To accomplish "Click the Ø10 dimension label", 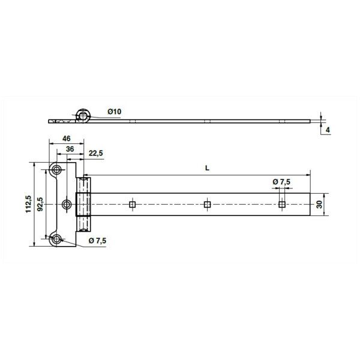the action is (115, 112).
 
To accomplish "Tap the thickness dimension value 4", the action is (328, 130).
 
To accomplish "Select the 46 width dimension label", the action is (67, 139).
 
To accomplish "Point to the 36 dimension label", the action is (70, 149).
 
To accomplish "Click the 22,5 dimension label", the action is (96, 153).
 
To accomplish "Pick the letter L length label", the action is (207, 168).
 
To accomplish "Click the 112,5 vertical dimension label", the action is (28, 204).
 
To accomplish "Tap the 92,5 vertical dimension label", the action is (40, 205).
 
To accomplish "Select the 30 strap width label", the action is (319, 205).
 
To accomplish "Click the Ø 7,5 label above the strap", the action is (281, 182).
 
